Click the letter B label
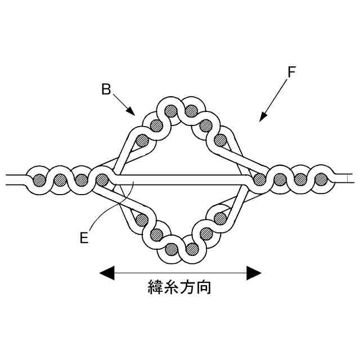[105, 88]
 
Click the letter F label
[291, 72]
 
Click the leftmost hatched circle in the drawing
[39, 180]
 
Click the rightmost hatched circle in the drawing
[321, 180]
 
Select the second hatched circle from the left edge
[61, 180]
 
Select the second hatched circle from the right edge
[300, 180]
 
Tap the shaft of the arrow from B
[121, 102]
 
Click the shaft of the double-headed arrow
[180, 273]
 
